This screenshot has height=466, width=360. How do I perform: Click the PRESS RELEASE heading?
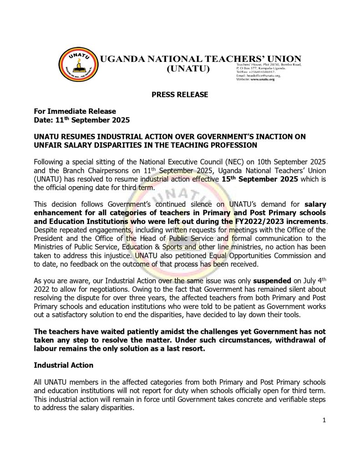pyautogui.click(x=180, y=95)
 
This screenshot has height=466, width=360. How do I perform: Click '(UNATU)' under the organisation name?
pyautogui.click(x=188, y=69)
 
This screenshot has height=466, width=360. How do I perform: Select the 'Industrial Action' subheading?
pyautogui.click(x=64, y=365)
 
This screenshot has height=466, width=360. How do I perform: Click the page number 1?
pyautogui.click(x=324, y=420)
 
